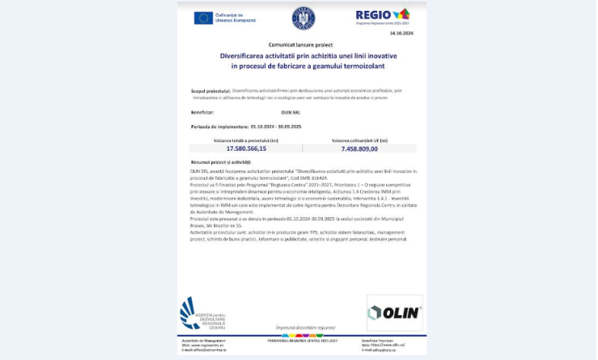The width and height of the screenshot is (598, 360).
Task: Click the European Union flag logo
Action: (x=204, y=18)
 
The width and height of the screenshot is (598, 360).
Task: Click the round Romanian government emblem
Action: (x=303, y=18)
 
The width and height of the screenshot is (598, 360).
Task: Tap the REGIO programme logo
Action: (x=382, y=16)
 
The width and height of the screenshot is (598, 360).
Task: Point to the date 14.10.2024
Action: (x=402, y=33)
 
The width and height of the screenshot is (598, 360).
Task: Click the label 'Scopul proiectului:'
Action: (x=210, y=90)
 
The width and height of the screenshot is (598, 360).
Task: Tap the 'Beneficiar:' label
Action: (x=202, y=113)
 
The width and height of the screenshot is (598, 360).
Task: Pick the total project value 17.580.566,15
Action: (x=246, y=148)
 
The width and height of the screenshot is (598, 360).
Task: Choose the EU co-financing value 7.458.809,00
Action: (x=359, y=148)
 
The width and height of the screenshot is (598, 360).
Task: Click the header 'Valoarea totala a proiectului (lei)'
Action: (x=246, y=141)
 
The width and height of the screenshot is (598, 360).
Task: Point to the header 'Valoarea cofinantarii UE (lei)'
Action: (x=359, y=141)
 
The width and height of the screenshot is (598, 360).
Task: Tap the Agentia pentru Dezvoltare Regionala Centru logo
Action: (x=202, y=313)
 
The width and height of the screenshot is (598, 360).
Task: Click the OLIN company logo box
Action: (x=394, y=313)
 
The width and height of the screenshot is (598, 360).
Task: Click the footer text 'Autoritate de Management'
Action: (x=204, y=340)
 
